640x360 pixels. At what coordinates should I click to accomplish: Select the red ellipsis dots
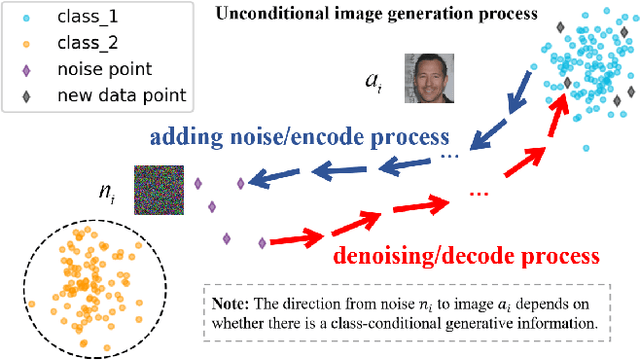tap(478, 190)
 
